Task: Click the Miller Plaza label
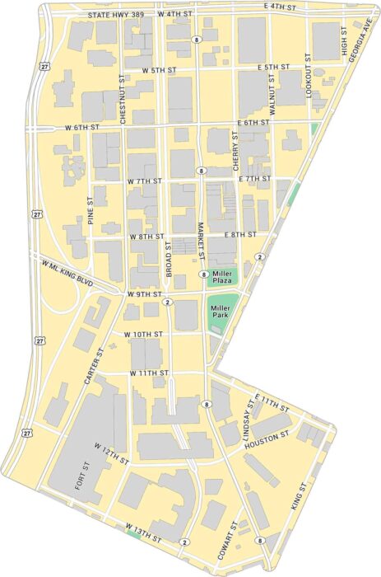223,277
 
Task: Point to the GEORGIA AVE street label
359,33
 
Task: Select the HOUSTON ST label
265,439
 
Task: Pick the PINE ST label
91,209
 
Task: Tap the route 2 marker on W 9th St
167,303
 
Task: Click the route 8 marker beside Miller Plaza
202,274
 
